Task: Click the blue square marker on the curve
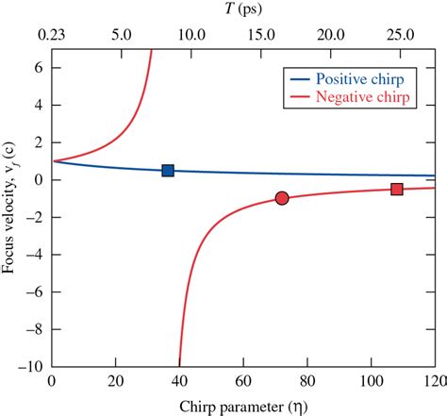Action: tap(168, 171)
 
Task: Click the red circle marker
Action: tap(281, 198)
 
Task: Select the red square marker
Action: tap(397, 189)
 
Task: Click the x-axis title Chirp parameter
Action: tap(242, 405)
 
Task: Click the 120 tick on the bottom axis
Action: tap(434, 383)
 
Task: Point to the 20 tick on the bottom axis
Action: tap(115, 383)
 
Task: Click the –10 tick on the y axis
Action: tap(34, 366)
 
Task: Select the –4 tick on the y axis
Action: tap(36, 255)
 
